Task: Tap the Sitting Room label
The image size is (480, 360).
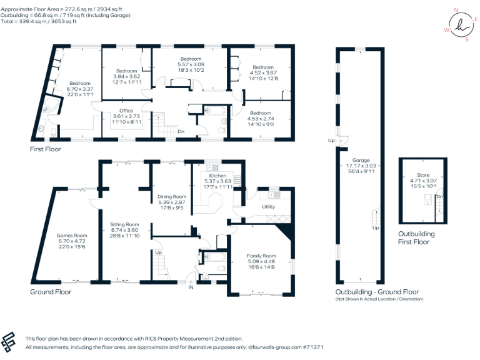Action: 124,224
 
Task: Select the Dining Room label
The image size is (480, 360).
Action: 172,197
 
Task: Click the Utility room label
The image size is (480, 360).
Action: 269,206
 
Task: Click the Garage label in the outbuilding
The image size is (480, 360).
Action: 361,160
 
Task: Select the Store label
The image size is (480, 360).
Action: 423,176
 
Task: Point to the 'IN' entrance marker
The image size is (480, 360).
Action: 192,288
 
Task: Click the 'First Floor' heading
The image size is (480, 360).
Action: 46,149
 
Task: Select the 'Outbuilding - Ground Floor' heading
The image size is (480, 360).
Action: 377,292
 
